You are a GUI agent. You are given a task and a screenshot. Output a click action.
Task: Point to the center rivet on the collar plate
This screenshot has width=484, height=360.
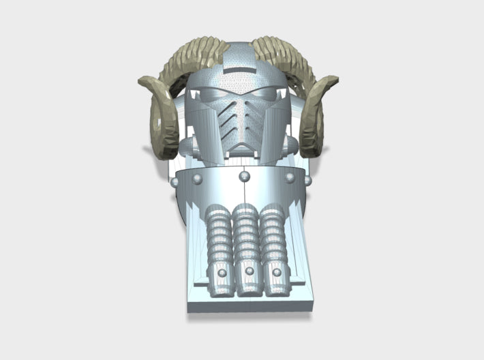pyautogui.click(x=243, y=177)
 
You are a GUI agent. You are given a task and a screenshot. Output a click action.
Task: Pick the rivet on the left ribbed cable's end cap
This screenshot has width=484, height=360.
pyautogui.click(x=221, y=273)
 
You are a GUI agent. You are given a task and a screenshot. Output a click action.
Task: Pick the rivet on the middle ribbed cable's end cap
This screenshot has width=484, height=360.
pyautogui.click(x=249, y=271)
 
